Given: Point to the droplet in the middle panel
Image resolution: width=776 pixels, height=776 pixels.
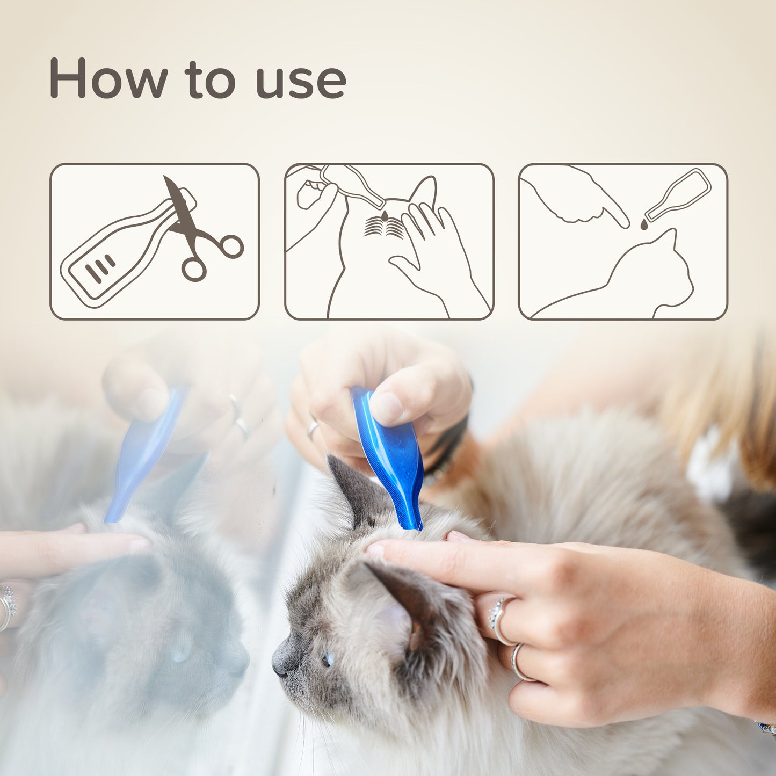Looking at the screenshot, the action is coord(386,215).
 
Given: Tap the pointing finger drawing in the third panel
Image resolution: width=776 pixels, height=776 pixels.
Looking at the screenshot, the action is coord(580,197).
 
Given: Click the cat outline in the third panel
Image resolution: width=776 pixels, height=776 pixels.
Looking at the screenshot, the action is coord(628,278).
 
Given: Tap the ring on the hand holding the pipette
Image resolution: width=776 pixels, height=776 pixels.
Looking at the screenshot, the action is coord(313,428).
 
